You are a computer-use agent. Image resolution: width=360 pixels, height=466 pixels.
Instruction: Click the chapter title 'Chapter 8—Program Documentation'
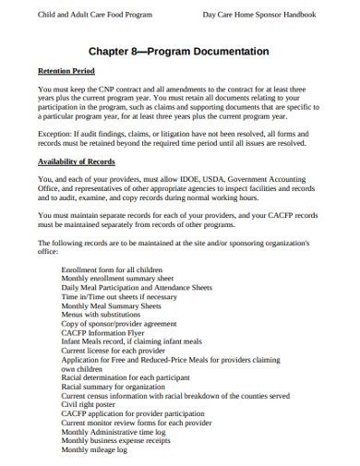click(x=180, y=52)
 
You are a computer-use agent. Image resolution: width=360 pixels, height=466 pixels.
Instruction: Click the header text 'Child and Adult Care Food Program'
click(x=90, y=15)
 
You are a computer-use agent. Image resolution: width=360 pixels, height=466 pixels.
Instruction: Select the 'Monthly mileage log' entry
click(x=93, y=450)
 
